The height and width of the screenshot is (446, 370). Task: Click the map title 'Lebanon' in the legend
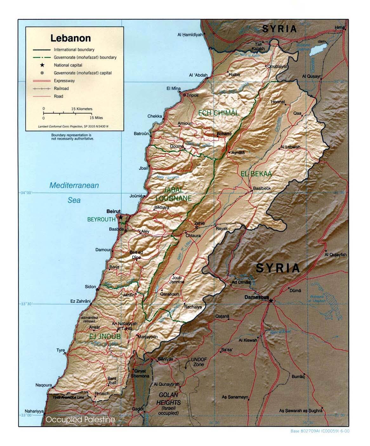pyautogui.click(x=70, y=38)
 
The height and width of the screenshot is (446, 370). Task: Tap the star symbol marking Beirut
pyautogui.click(x=121, y=218)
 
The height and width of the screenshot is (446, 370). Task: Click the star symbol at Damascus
pyautogui.click(x=271, y=300)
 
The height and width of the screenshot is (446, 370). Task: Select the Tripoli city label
pyautogui.click(x=193, y=95)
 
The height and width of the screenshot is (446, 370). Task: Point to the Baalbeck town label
pyautogui.click(x=262, y=188)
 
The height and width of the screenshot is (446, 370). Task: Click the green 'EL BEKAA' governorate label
pyautogui.click(x=256, y=174)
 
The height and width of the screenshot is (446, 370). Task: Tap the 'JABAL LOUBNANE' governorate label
pyautogui.click(x=173, y=194)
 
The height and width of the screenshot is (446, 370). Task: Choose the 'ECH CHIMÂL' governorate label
pyautogui.click(x=218, y=113)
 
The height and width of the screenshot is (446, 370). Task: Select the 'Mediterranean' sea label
pyautogui.click(x=74, y=185)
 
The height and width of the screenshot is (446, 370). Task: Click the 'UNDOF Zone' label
pyautogui.click(x=199, y=362)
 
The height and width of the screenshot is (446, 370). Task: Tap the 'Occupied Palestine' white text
pyautogui.click(x=80, y=420)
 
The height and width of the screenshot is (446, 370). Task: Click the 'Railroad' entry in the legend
pyautogui.click(x=61, y=89)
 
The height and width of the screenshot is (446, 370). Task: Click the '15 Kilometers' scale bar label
pyautogui.click(x=82, y=109)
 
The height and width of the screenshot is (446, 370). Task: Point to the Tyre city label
pyautogui.click(x=60, y=350)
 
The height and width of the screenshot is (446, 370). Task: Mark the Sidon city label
pyautogui.click(x=90, y=287)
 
